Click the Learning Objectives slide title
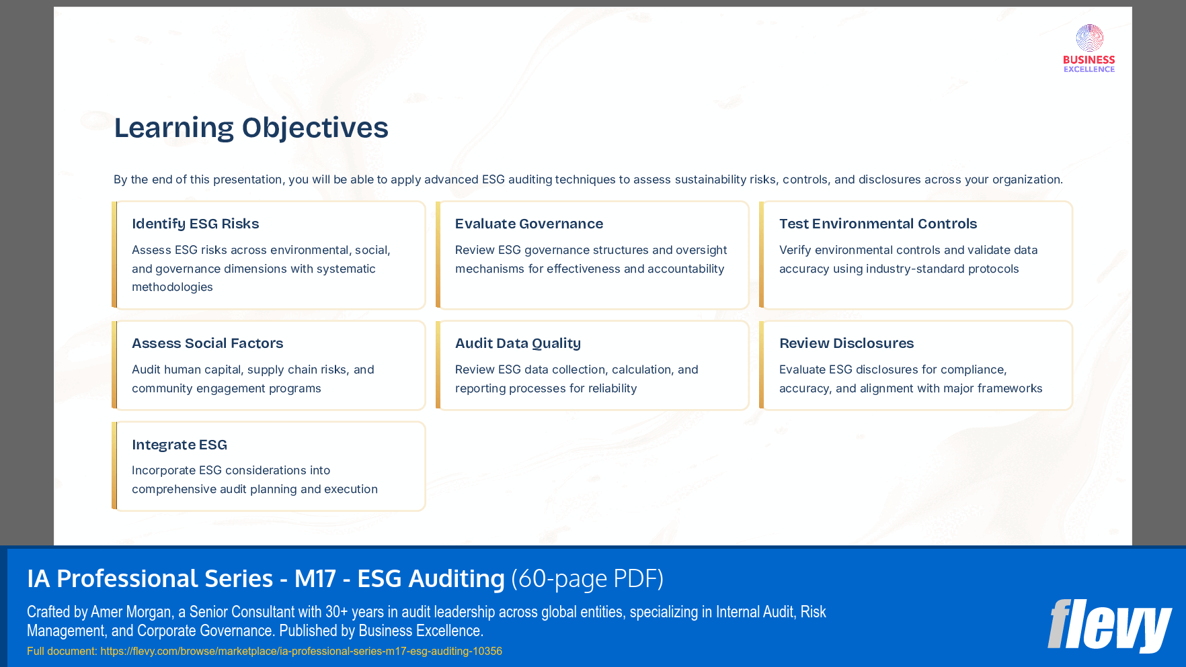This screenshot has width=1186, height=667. coord(251,128)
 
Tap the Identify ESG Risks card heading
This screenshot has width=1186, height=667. coord(195,224)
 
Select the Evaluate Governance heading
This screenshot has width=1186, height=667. coord(528,224)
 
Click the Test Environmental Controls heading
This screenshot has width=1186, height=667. coord(877,224)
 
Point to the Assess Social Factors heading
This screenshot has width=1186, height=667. coord(207,343)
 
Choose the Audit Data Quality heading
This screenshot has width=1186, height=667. coord(518,343)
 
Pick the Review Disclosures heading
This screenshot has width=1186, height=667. coord(846,343)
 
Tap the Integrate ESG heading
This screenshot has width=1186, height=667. coord(179,445)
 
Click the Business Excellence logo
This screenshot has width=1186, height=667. coord(1089,48)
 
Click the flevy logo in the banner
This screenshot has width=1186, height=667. coord(1109,625)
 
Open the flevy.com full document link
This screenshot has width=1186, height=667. coord(301,651)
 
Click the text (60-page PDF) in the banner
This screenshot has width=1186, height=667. coord(587,578)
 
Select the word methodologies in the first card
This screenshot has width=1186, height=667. coord(172,287)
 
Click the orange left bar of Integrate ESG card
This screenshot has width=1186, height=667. coord(114,466)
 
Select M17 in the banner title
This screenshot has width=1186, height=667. coord(315,578)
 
